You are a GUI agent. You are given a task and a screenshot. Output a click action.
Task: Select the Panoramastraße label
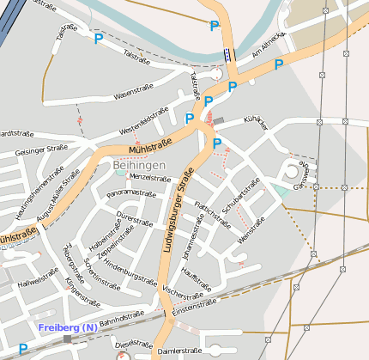[130, 194]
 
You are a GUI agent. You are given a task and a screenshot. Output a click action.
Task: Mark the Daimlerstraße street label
[179, 351]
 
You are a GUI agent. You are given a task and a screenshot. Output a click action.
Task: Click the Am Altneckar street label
[266, 52]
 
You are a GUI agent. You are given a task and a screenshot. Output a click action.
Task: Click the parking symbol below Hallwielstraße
[23, 348]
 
